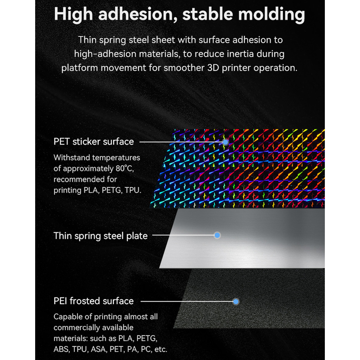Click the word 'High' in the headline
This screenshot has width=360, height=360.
tap(73, 14)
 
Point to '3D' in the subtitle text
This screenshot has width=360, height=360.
tap(213, 68)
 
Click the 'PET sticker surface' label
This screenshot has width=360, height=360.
tap(94, 142)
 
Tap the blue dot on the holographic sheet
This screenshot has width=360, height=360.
tap(225, 142)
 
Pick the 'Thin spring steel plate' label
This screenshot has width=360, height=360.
tap(101, 236)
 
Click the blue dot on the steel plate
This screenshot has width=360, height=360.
tap(217, 235)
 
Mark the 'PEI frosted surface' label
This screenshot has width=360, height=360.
tap(94, 301)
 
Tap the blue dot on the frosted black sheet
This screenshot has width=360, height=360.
tap(236, 302)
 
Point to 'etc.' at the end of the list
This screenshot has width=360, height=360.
tap(161, 349)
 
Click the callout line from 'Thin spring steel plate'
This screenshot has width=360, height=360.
tap(183, 235)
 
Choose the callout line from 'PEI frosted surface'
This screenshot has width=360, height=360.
tap(187, 301)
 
